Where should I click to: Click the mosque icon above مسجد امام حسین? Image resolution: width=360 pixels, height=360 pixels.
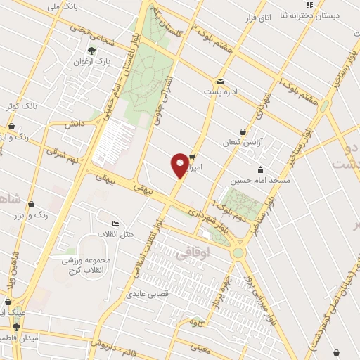[260, 169]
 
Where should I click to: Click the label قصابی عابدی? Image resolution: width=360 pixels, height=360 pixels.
[146, 294]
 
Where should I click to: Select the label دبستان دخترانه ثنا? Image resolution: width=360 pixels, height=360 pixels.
[310, 15]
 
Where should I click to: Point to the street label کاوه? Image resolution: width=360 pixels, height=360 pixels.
[198, 322]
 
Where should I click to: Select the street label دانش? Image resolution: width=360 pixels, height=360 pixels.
[75, 123]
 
